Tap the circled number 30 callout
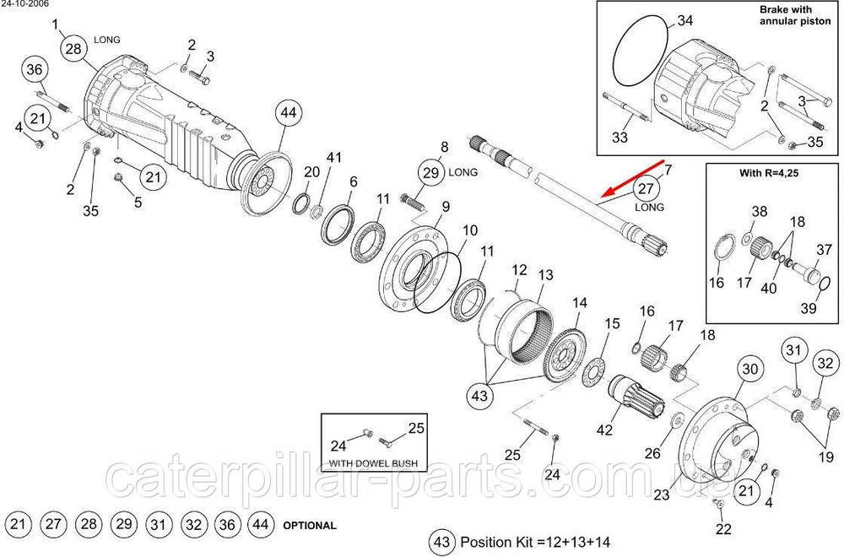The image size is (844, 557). point(750,369)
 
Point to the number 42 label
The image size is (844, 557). point(604,430)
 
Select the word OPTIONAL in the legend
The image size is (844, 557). point(310,525)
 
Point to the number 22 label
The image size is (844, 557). point(723,529)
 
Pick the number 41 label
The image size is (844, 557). point(335,158)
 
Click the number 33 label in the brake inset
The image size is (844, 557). point(620,136)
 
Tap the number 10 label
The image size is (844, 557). point(469,230)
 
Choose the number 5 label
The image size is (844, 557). point(138,202)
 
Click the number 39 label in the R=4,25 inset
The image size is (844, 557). point(809,308)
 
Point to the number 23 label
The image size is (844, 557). point(661,495)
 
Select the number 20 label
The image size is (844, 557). point(311,171)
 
